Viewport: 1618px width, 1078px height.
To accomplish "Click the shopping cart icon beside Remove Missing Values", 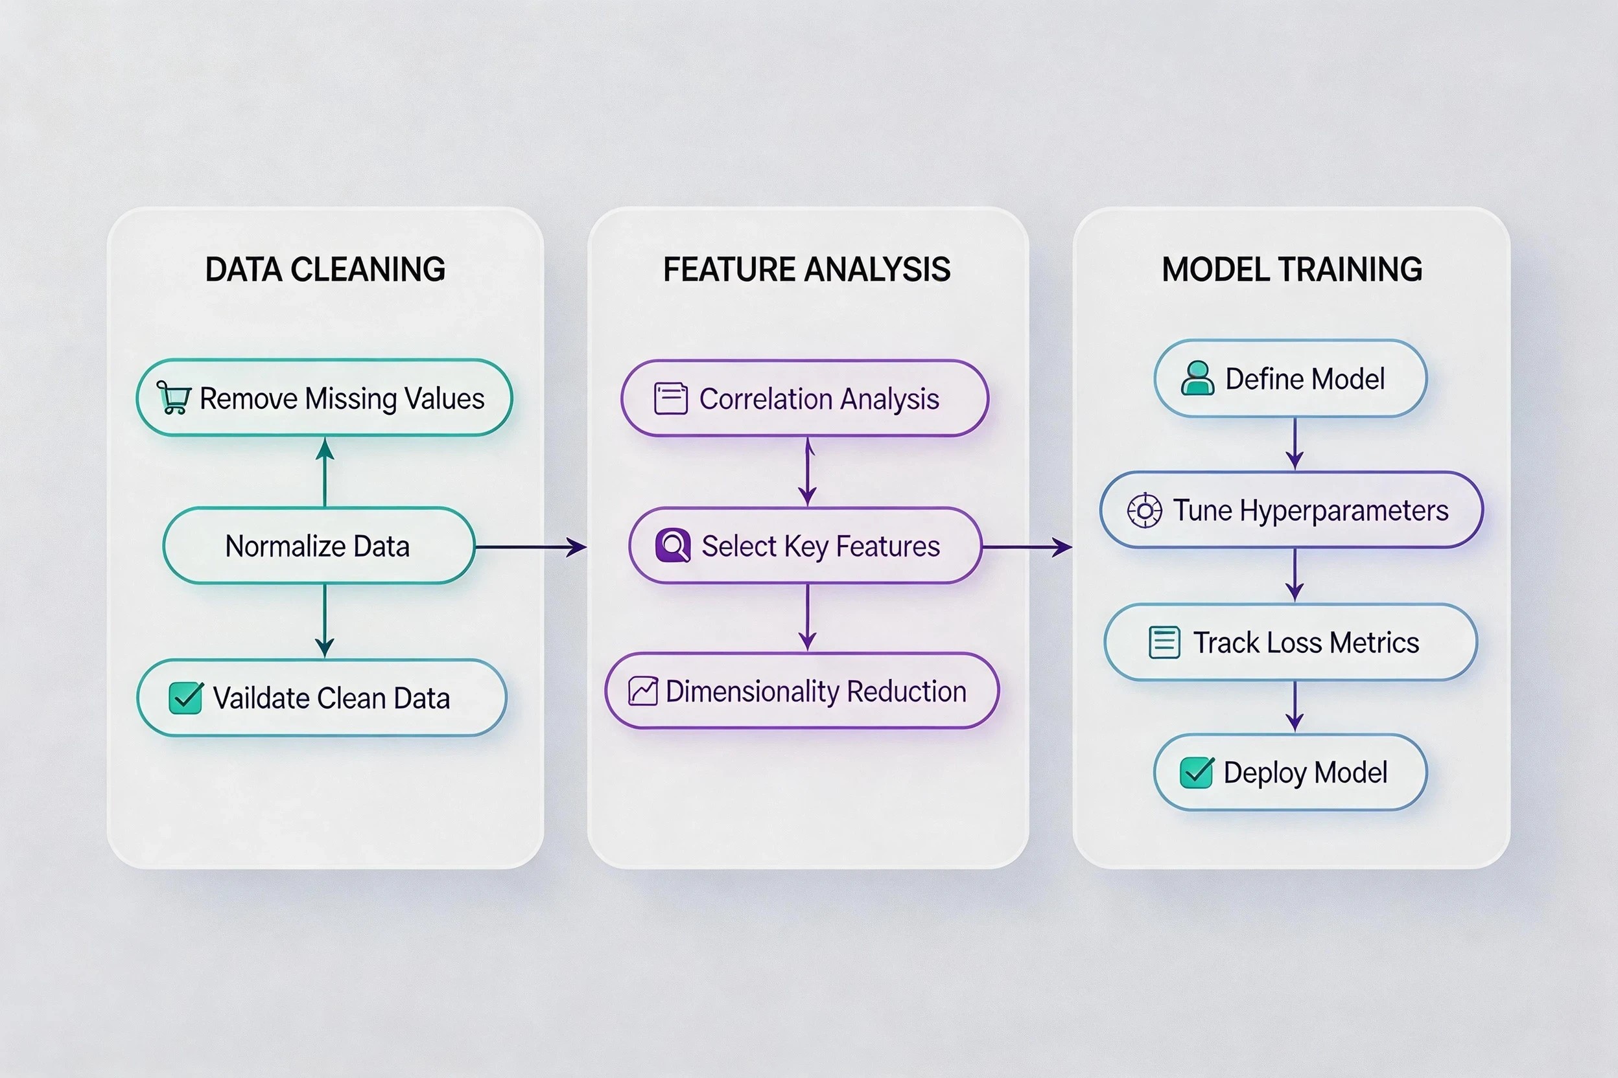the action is point(173,397).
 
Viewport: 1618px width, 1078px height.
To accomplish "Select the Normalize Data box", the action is point(319,546).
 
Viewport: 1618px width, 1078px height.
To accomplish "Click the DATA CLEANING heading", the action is point(325,269).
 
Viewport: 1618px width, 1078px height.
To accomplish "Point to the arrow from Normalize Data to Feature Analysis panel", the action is point(531,547).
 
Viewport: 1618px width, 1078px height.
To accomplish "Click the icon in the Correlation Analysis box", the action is point(671,399).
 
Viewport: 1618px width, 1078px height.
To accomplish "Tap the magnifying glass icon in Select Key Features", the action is point(673,546).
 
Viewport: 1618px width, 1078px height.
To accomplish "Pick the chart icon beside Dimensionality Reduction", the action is point(643,691).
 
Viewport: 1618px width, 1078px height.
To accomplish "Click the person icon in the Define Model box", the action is point(1198,378).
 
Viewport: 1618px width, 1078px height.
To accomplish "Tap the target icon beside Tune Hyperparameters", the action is point(1145,510).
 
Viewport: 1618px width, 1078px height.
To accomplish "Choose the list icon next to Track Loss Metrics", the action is point(1165,643).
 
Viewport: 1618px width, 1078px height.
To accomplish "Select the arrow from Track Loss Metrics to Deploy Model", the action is point(1295,707).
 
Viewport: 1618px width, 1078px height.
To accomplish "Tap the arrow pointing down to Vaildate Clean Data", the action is point(325,621).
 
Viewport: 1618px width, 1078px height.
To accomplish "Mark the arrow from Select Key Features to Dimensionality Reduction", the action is point(808,617).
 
